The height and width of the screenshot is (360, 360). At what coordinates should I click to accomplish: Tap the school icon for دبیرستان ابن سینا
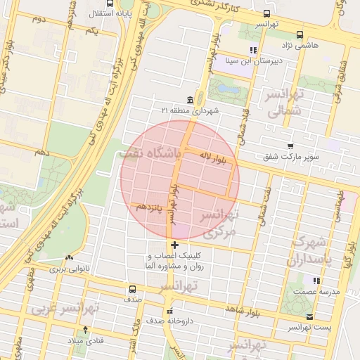pyautogui.click(x=252, y=49)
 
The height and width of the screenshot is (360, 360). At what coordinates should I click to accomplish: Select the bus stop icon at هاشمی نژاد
pyautogui.click(x=300, y=34)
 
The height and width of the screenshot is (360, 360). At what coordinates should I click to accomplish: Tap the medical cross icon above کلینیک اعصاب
pyautogui.click(x=174, y=245)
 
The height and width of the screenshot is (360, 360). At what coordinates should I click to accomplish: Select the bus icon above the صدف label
pyautogui.click(x=132, y=289)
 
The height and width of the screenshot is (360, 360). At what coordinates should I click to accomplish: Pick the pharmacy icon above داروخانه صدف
pyautogui.click(x=169, y=311)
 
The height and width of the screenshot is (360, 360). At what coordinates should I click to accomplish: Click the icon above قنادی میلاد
pyautogui.click(x=85, y=329)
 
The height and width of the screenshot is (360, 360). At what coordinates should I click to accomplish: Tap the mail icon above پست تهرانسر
pyautogui.click(x=310, y=316)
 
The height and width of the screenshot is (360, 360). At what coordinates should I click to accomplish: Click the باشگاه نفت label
pyautogui.click(x=151, y=152)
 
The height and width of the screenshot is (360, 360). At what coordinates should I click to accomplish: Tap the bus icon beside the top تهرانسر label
pyautogui.click(x=266, y=13)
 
